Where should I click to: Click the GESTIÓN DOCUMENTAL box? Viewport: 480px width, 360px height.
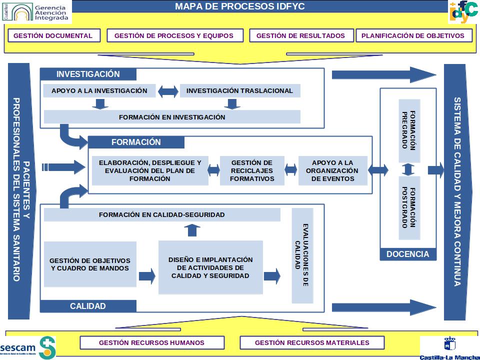point(53,35)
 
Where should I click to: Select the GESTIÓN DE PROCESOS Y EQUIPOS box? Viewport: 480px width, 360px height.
point(174,35)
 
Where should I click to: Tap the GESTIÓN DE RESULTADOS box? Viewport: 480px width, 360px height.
point(300,35)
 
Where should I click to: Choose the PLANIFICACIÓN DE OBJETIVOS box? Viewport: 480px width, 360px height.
point(413,35)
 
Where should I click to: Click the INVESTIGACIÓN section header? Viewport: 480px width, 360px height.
point(88,74)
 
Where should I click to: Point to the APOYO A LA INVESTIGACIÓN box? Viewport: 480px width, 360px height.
point(99,91)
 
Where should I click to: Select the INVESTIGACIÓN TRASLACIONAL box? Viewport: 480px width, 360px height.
point(239,91)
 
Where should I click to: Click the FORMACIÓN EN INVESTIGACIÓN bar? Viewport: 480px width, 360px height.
point(172,117)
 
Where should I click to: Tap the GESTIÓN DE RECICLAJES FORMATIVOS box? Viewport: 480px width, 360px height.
point(252,170)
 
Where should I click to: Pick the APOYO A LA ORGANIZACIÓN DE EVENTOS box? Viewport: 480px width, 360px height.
point(332,170)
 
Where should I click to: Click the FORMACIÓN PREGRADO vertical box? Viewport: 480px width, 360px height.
point(409,130)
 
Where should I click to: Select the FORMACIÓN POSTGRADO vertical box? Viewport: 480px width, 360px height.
point(409,207)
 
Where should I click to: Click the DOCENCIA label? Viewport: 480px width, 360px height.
point(407,254)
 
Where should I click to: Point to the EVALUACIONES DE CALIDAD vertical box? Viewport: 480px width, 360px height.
point(302,255)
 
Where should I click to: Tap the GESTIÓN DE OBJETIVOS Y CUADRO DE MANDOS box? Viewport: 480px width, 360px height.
point(90,264)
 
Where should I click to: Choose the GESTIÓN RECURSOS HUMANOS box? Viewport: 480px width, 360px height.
point(151,342)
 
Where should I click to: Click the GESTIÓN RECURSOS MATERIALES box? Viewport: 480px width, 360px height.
point(312,342)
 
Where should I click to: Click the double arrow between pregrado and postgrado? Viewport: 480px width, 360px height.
point(408,169)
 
